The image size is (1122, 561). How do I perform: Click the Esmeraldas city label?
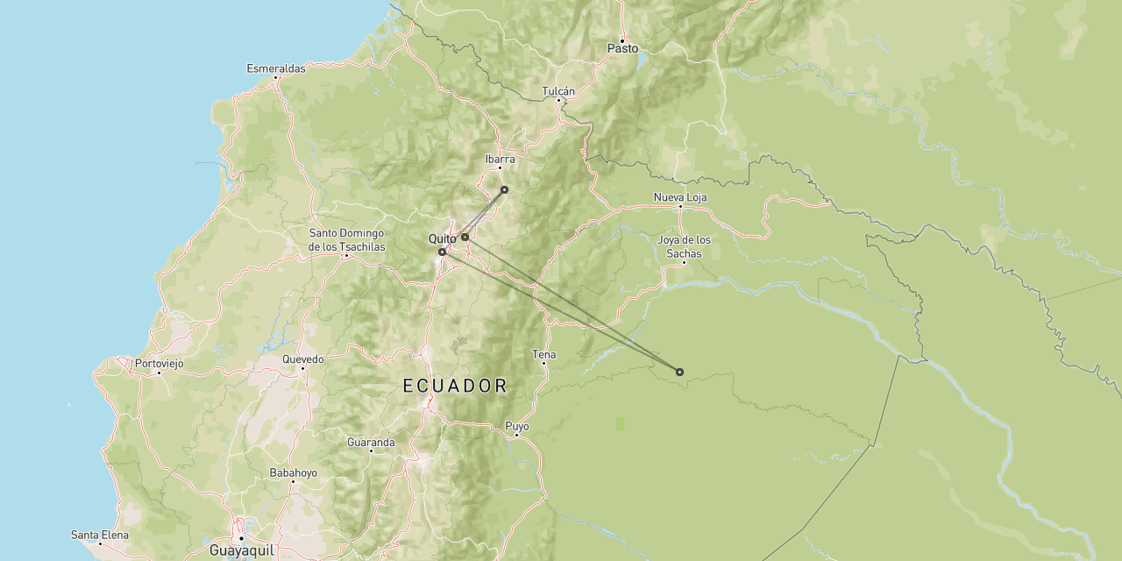pos(276,68)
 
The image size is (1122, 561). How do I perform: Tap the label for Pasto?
pos(622,49)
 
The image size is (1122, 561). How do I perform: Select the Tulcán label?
pos(558,91)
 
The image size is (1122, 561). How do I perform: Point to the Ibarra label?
pos(500,160)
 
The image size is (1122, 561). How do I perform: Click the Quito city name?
pos(442,238)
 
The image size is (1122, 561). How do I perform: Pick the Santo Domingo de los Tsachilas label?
pos(346,239)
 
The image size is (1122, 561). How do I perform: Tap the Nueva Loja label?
pos(679,197)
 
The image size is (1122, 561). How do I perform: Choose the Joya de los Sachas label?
pos(684,246)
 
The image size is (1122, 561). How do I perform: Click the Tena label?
pos(543,354)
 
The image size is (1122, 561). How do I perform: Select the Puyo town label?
pos(517,426)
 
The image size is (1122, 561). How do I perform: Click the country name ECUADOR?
pos(455,386)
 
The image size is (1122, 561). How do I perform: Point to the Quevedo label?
pos(302,359)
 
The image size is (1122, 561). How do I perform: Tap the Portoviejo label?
pos(159,363)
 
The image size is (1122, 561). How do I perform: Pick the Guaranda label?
pos(371,443)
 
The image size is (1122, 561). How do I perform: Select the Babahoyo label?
pos(293,472)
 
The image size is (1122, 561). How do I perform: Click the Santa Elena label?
pos(100,535)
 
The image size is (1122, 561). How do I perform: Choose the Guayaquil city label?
pos(241,550)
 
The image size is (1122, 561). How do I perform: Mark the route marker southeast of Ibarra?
pos(504,189)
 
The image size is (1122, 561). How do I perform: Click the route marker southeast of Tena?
pos(679,372)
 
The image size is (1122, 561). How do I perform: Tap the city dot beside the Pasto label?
pos(622,40)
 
